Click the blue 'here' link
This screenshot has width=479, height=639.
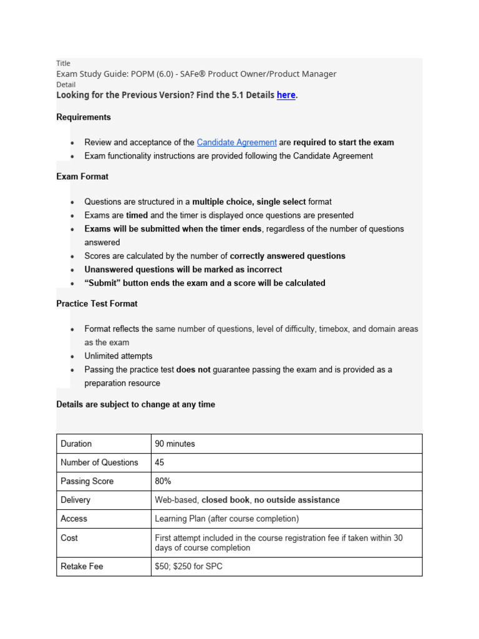coord(286,95)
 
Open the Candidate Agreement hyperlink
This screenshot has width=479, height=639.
coord(236,142)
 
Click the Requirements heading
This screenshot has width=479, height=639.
coord(84,117)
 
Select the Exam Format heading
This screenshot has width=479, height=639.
coord(82,177)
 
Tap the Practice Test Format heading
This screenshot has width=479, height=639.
coord(97,304)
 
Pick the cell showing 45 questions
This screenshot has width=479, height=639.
coord(160,462)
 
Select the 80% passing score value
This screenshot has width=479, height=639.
coord(163,481)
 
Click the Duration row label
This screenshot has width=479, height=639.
coord(76,444)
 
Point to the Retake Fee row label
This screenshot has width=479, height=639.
coord(82,567)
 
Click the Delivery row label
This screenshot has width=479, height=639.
coord(75,500)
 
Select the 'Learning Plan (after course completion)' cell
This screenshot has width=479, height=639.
coord(227,519)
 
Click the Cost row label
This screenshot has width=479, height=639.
coord(69,537)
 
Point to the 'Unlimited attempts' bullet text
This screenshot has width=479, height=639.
coord(119,356)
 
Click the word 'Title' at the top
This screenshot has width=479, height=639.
coord(63,63)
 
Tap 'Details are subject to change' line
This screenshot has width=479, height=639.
coord(135,404)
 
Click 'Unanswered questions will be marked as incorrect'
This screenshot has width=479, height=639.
coord(183,270)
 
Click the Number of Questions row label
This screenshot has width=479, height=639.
coord(99,462)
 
